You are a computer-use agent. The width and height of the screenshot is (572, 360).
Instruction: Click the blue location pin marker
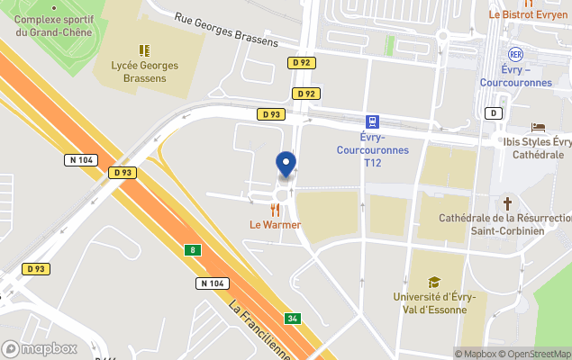click(286, 164)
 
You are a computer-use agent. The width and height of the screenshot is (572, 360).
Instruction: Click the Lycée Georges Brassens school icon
click(144, 50)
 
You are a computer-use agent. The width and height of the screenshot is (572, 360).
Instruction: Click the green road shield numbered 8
click(191, 249)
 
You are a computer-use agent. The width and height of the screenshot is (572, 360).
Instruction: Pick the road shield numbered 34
click(292, 319)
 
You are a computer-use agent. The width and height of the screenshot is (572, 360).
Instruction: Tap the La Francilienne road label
click(262, 329)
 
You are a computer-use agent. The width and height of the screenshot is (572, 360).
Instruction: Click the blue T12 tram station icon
click(371, 121)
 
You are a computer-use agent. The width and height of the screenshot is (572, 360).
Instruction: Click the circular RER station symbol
click(515, 54)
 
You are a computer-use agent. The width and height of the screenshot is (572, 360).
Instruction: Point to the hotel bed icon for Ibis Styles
click(539, 128)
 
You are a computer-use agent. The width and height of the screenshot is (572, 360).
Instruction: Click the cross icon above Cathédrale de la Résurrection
click(507, 203)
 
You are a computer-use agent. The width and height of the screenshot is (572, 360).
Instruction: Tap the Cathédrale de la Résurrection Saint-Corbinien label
click(504, 225)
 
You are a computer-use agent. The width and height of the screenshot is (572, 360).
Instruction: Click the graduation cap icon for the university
click(434, 282)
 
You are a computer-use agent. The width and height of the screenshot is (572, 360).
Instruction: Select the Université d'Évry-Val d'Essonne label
click(435, 303)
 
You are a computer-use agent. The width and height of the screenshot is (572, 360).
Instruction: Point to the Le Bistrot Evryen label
click(528, 15)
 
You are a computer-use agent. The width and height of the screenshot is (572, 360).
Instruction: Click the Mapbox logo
click(40, 348)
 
